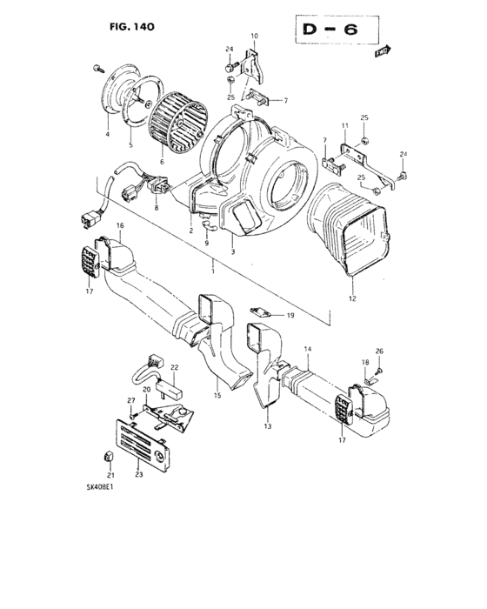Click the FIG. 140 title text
(x=133, y=28)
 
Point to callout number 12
(x=353, y=298)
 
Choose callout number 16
(x=119, y=225)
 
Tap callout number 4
(x=107, y=135)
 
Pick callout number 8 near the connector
(x=156, y=210)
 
